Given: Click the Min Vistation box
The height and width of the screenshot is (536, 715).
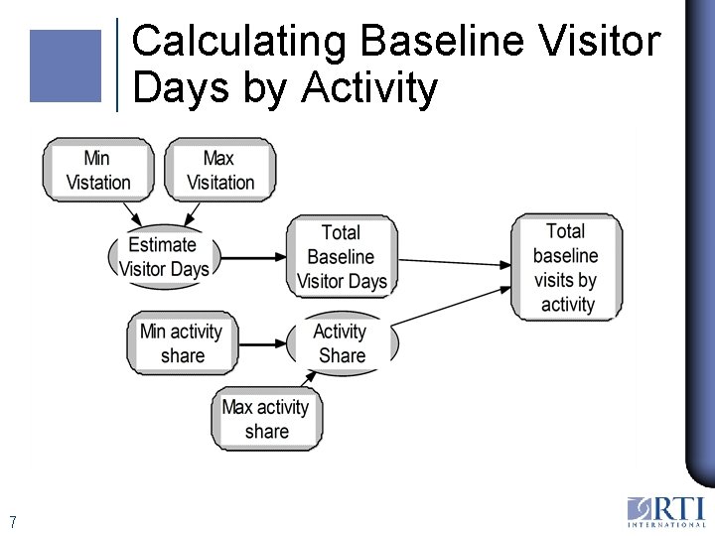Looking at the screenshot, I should (97, 170).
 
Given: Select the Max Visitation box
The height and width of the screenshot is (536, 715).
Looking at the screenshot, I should (219, 170).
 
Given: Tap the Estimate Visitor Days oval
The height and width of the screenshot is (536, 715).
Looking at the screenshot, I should (164, 257).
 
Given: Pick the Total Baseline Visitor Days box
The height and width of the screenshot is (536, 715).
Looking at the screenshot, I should (342, 257).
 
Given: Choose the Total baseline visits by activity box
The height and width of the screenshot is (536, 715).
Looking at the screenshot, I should (566, 267).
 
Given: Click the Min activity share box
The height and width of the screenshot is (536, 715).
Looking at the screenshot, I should (181, 343).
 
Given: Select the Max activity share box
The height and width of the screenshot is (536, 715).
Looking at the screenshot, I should (266, 419).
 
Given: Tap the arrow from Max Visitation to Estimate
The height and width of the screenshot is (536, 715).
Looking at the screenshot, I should (194, 213).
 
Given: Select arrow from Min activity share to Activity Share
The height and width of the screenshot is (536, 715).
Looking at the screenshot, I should (260, 344).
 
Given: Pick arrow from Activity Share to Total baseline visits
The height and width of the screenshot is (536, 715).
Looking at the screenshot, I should (453, 309).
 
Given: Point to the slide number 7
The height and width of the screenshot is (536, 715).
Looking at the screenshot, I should (12, 522).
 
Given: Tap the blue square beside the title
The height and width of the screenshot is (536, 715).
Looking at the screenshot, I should (66, 66).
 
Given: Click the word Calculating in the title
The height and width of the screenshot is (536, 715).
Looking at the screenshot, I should (239, 43).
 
